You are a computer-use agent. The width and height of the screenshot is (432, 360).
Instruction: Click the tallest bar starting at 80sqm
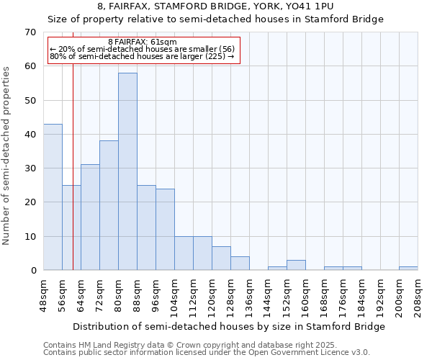pos(127,171)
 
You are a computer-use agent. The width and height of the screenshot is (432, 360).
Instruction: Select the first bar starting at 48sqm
pos(53,197)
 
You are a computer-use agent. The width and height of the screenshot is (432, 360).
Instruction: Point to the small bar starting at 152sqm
pos(296,265)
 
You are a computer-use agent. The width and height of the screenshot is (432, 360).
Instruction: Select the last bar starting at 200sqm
pos(408,269)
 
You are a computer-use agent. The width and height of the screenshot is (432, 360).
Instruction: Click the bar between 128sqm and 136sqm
pos(240,264)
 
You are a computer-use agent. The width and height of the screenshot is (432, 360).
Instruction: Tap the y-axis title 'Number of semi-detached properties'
pos(7,156)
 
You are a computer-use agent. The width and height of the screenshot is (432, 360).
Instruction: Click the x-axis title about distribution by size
pos(229,327)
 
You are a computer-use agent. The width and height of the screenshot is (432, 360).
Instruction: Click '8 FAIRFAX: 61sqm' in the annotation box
pos(142,42)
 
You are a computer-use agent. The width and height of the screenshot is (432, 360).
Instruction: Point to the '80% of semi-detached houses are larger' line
pos(142,56)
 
